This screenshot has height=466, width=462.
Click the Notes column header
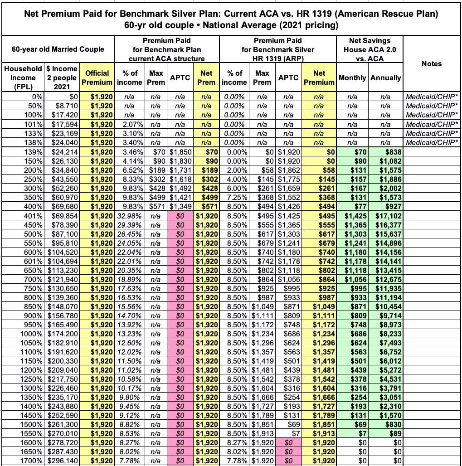pyautogui.click(x=431, y=63)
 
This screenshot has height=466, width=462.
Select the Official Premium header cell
pyautogui.click(x=97, y=78)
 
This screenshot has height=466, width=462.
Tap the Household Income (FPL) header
pyautogui.click(x=22, y=78)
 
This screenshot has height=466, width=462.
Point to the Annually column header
pyautogui.click(x=385, y=78)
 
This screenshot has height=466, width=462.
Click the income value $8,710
pyautogui.click(x=63, y=106)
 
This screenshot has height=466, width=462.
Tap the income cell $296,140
pyautogui.click(x=63, y=461)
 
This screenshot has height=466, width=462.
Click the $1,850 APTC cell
pyautogui.click(x=181, y=152)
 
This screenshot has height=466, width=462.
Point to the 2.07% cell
pyautogui.click(x=133, y=124)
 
